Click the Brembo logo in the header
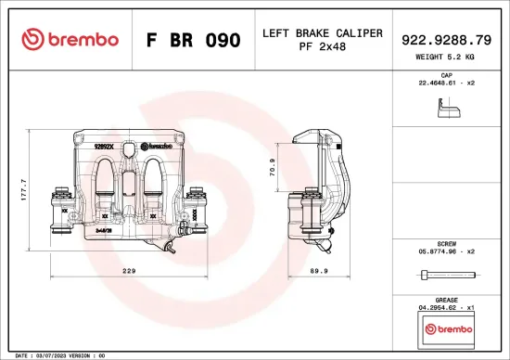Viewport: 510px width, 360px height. (70, 40)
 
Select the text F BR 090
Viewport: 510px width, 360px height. (193, 41)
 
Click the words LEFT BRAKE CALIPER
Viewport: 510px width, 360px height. (322, 33)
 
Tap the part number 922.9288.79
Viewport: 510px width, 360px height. (445, 40)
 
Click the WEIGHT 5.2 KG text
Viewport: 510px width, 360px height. (445, 58)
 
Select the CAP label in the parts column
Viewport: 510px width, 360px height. (445, 74)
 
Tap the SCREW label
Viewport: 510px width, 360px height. (445, 243)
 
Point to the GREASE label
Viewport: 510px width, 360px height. (445, 299)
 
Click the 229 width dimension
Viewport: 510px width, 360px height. (129, 270)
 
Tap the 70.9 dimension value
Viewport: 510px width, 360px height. (272, 167)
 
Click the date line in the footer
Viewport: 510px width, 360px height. (56, 355)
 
